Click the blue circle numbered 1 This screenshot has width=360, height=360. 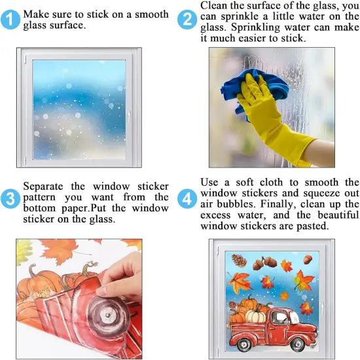coord(10,20)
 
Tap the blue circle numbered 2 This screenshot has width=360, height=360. coord(187,20)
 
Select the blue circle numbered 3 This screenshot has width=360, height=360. coord(10,198)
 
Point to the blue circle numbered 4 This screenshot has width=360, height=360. coord(187,198)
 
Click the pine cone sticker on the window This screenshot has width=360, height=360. coord(240,261)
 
